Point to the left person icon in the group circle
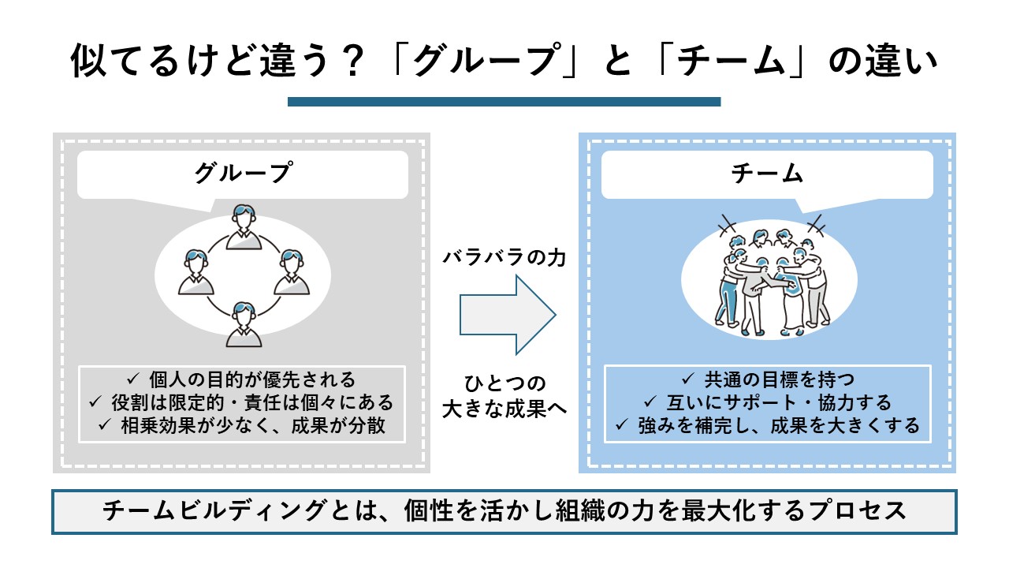pos(195,272)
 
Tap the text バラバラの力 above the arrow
pos(504,258)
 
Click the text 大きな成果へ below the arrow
pos(504,410)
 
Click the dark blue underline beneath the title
pos(504,102)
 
